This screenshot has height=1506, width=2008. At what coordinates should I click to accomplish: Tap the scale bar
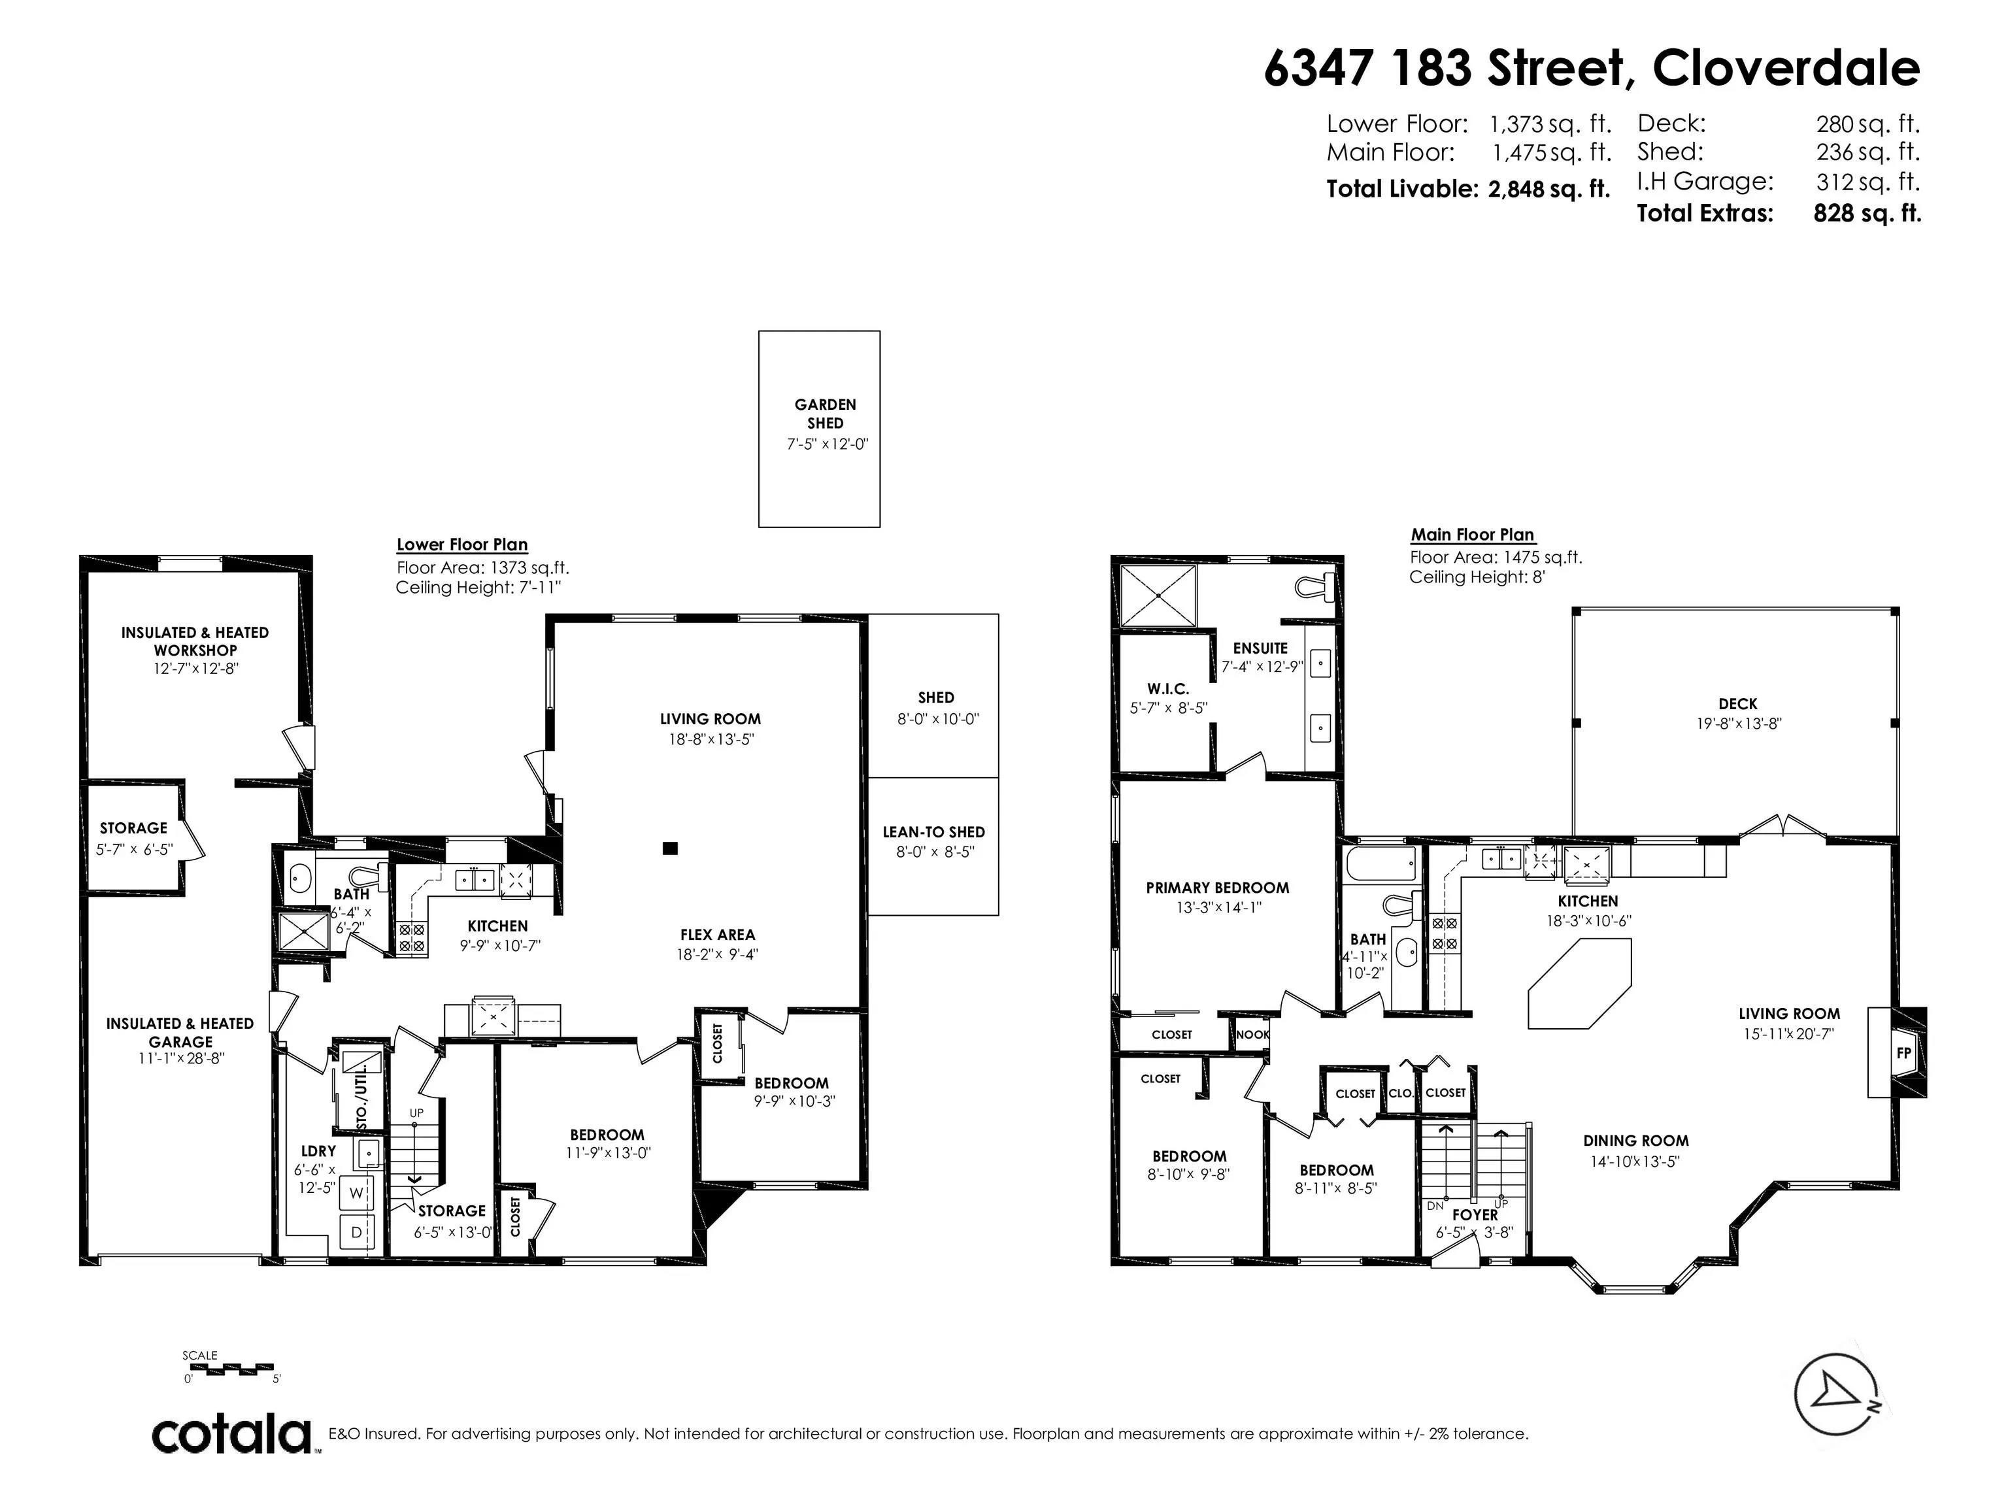pos(231,1368)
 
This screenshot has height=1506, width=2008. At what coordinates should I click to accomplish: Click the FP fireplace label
pos(1903,1053)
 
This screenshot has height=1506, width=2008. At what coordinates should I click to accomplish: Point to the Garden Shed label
pos(825,414)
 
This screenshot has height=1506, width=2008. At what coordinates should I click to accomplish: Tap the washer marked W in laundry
pos(356,1193)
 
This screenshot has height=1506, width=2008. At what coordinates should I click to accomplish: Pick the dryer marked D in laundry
pos(356,1232)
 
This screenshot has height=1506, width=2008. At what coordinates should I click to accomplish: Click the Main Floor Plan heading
pos(1473,535)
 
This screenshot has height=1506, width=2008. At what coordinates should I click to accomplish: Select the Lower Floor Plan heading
pos(462,544)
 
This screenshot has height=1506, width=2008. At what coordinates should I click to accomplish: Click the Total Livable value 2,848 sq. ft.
pos(1548,189)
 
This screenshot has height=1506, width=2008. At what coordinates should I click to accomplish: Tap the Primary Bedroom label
pos(1217,888)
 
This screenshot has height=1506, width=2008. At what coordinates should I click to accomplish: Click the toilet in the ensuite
pos(1314,586)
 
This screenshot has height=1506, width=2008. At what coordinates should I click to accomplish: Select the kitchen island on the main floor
pos(1579,984)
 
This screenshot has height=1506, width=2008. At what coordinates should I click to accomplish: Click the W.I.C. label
pos(1167,689)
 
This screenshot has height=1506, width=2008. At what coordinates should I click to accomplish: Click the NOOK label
pos(1253,1035)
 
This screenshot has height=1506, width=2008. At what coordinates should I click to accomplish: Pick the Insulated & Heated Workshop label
pos(195,641)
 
